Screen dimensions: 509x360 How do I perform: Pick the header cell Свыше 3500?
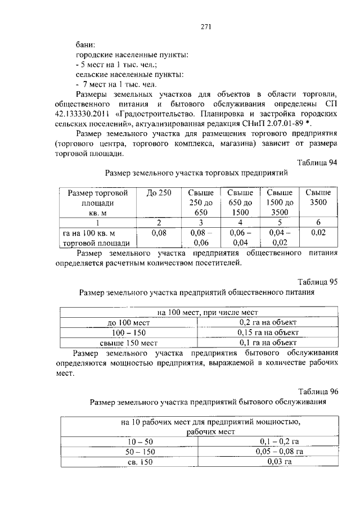click(318, 197)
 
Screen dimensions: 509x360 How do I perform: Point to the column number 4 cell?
click(240, 222)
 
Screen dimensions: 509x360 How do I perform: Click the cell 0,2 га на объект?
click(267, 322)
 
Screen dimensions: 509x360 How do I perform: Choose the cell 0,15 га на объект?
click(267, 332)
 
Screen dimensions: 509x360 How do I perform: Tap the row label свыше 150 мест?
click(128, 342)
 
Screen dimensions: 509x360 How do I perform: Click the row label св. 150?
click(130, 461)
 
